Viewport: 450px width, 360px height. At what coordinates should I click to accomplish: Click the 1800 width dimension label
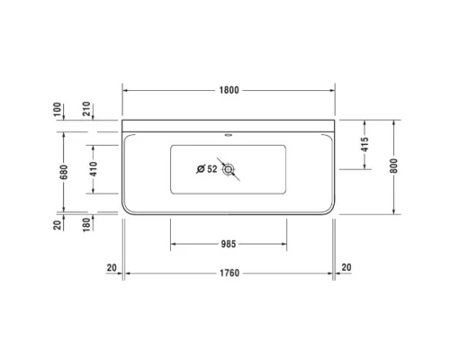tap(229, 90)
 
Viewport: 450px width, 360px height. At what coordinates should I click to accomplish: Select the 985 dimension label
tap(229, 243)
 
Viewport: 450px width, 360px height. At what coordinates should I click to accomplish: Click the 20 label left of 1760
tap(112, 266)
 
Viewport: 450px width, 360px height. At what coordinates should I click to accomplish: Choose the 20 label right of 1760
tap(348, 266)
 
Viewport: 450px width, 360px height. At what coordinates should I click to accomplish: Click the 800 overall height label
tap(394, 167)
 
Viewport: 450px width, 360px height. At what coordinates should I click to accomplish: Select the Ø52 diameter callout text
tap(206, 167)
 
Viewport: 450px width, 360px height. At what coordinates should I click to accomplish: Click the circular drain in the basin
tap(229, 168)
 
